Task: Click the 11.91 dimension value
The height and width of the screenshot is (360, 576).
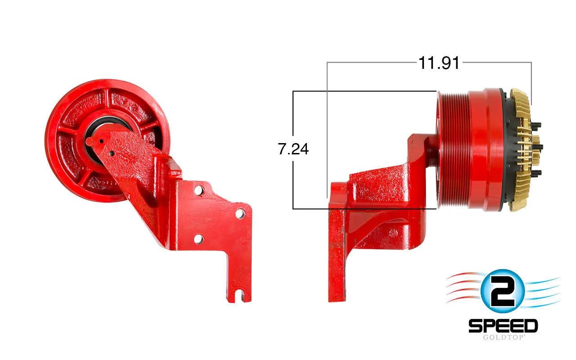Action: [439, 63]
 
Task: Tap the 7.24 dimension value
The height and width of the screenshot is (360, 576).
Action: [293, 149]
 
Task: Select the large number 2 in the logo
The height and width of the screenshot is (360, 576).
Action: [503, 291]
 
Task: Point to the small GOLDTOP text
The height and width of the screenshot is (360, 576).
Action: [503, 337]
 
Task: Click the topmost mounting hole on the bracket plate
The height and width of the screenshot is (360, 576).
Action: [199, 190]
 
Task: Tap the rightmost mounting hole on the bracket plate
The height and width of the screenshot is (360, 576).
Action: [240, 214]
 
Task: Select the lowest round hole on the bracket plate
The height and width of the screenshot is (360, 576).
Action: [198, 239]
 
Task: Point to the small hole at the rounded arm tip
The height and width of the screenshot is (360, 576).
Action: [101, 141]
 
